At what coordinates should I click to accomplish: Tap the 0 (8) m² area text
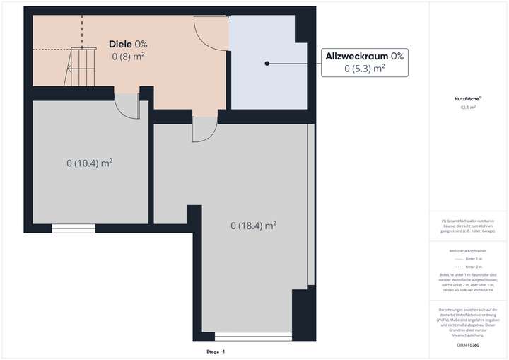[129, 55]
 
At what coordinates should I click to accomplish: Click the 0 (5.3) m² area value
[364, 69]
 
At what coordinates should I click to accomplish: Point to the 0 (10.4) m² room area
[90, 163]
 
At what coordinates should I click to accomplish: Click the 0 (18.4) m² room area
[253, 226]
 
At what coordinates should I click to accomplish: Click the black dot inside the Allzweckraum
[267, 64]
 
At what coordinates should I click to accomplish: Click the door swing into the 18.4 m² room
[204, 128]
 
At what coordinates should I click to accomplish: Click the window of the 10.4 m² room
[74, 227]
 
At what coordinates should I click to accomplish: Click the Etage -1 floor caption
[211, 351]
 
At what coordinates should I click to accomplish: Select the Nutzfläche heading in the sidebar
[467, 99]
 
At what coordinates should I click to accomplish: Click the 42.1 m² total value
[467, 108]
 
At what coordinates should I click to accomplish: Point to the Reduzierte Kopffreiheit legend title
[467, 250]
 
